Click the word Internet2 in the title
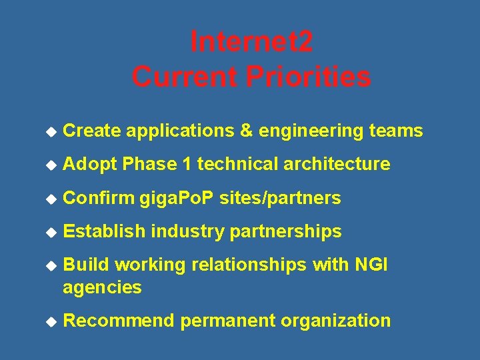pos(251,42)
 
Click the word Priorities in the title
pos(309,77)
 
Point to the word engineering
pos(311,131)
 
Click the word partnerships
pos(285,232)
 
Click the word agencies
pos(102,288)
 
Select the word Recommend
pos(119,321)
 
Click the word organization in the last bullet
pos(335,321)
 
